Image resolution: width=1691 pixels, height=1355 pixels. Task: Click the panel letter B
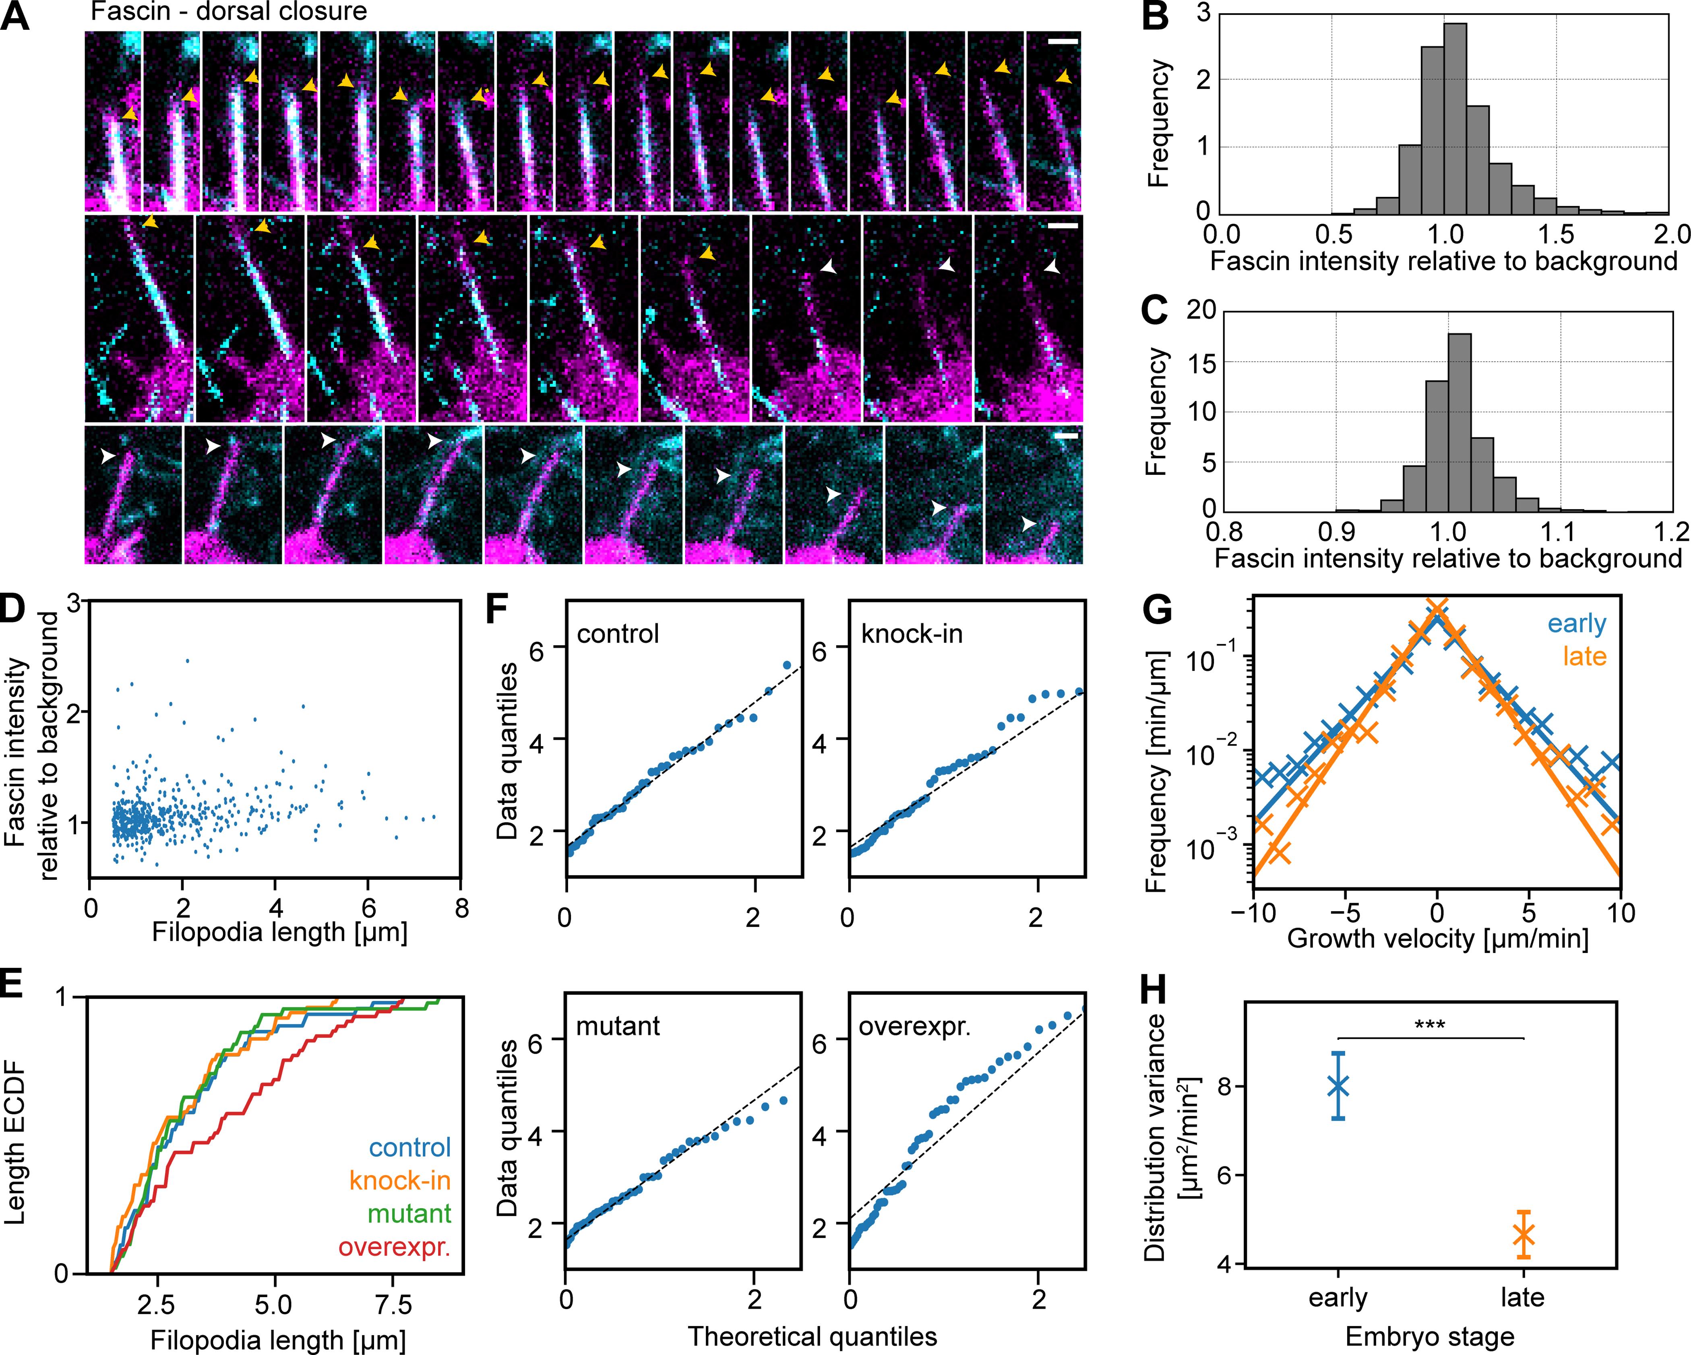click(1155, 16)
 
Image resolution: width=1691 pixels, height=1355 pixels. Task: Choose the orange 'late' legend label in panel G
click(1584, 656)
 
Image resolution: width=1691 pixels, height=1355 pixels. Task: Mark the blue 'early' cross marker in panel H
click(1338, 1086)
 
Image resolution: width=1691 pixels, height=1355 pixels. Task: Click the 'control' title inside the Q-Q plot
click(618, 633)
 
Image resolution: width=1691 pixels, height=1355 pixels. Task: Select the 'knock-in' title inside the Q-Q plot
click(912, 633)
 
